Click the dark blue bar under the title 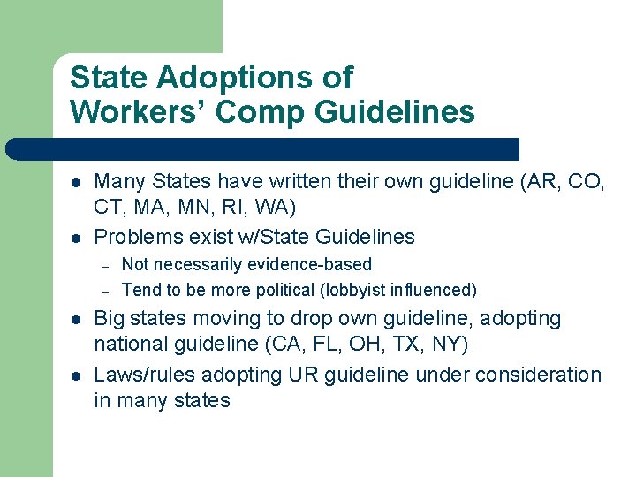coord(265,149)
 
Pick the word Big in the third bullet coord(110,318)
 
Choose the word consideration coord(538,375)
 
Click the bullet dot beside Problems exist coord(77,237)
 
